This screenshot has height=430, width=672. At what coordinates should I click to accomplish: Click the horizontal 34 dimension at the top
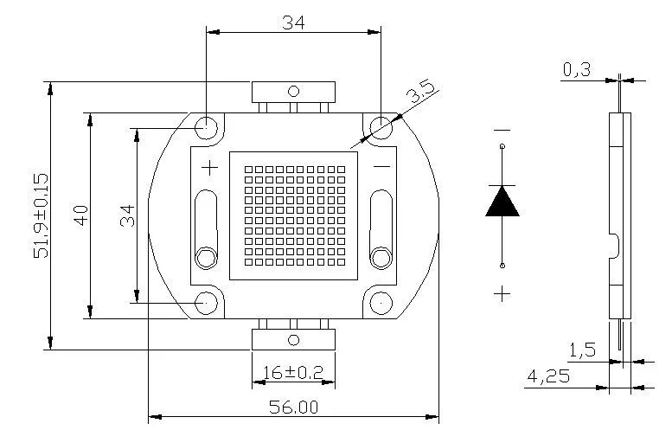(x=293, y=23)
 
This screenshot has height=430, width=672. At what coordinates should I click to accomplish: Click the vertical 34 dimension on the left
(x=127, y=215)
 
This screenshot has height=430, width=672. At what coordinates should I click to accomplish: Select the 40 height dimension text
(x=80, y=215)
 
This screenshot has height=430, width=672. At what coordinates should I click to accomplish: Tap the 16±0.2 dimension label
(x=292, y=372)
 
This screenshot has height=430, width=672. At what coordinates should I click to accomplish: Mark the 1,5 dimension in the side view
(x=582, y=350)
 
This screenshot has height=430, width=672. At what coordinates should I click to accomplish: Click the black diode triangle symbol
(x=502, y=201)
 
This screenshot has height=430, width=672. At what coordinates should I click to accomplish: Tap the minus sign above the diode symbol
(x=502, y=131)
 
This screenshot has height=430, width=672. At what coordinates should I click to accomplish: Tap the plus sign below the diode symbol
(x=502, y=293)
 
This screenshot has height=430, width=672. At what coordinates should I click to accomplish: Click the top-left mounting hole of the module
(x=207, y=127)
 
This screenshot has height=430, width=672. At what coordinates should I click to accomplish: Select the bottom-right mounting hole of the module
(x=381, y=303)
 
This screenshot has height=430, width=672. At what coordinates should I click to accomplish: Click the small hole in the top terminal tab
(x=293, y=90)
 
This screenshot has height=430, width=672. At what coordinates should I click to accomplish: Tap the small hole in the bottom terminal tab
(x=293, y=339)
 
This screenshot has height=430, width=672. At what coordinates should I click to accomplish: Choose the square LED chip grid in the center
(x=293, y=215)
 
